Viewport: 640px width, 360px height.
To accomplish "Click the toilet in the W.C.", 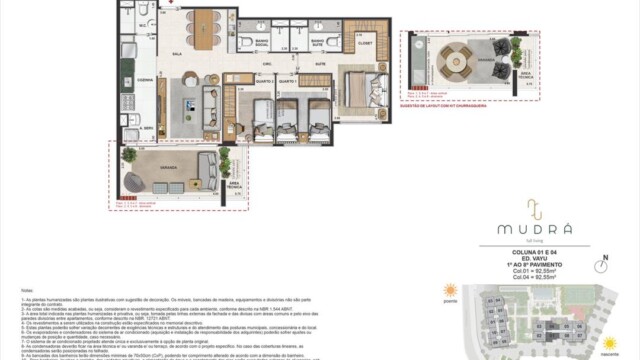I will (x=146, y=11).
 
